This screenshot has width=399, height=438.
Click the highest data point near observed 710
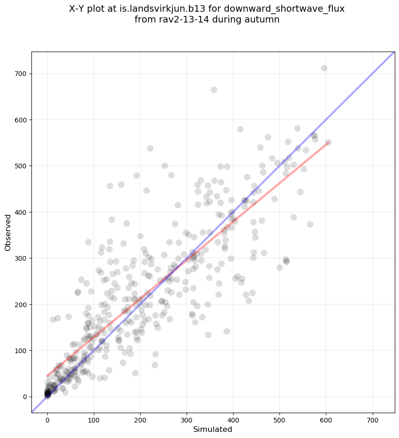coord(324,68)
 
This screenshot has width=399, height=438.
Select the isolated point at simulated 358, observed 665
coord(214,90)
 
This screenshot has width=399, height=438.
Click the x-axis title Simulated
coord(213,429)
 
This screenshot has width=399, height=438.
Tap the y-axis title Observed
coord(8,233)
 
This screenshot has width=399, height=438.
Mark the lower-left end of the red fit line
coord(47,376)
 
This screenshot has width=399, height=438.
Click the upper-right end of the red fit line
coord(328,143)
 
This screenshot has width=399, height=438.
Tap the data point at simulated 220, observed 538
coord(150,149)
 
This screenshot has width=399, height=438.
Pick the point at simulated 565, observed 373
coord(310,225)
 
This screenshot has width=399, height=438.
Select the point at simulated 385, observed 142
coord(226,331)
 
